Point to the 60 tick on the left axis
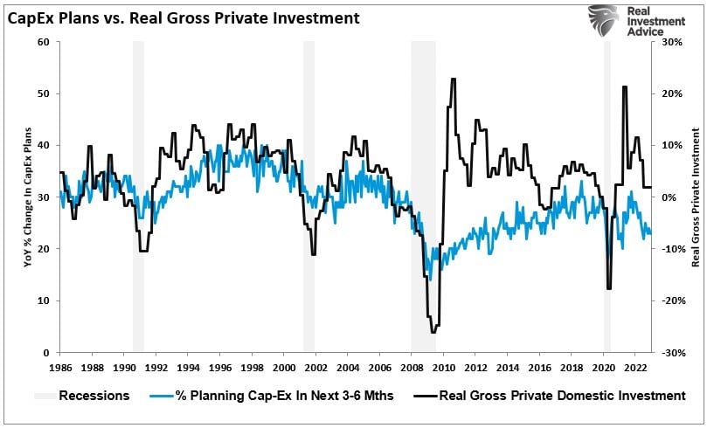[x=43, y=42]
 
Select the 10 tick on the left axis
[x=43, y=300]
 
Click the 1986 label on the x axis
[x=60, y=368]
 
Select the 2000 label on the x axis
[x=283, y=368]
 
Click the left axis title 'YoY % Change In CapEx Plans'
[x=27, y=197]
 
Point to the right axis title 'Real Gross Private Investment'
[x=697, y=197]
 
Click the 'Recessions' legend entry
[x=94, y=396]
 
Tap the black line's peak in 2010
[x=453, y=79]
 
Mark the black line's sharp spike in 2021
[x=624, y=86]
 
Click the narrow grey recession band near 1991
[x=138, y=197]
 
